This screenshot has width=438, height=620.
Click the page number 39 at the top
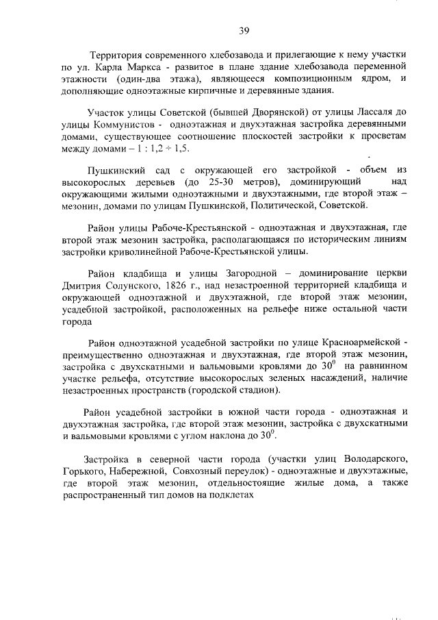[244, 30]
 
